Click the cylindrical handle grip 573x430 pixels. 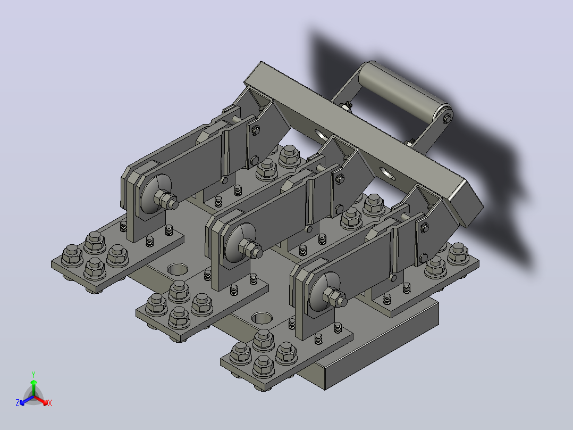click(x=402, y=89)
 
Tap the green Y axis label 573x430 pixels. click(x=33, y=374)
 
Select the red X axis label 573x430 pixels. click(x=50, y=403)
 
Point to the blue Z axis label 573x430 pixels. click(x=18, y=403)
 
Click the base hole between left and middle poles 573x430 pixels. click(x=178, y=269)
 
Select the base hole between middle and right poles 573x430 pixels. click(x=262, y=318)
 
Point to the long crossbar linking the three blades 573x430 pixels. click(x=364, y=145)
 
